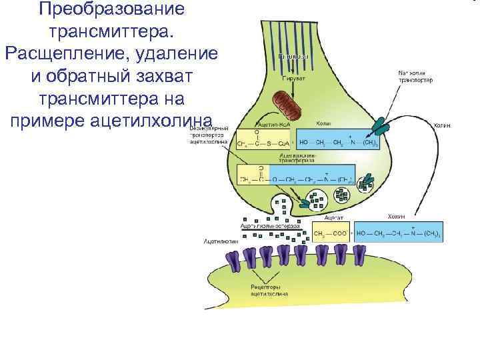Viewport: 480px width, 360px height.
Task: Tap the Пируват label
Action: click(294, 79)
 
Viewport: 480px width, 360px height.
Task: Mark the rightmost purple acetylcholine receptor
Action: click(360, 255)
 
